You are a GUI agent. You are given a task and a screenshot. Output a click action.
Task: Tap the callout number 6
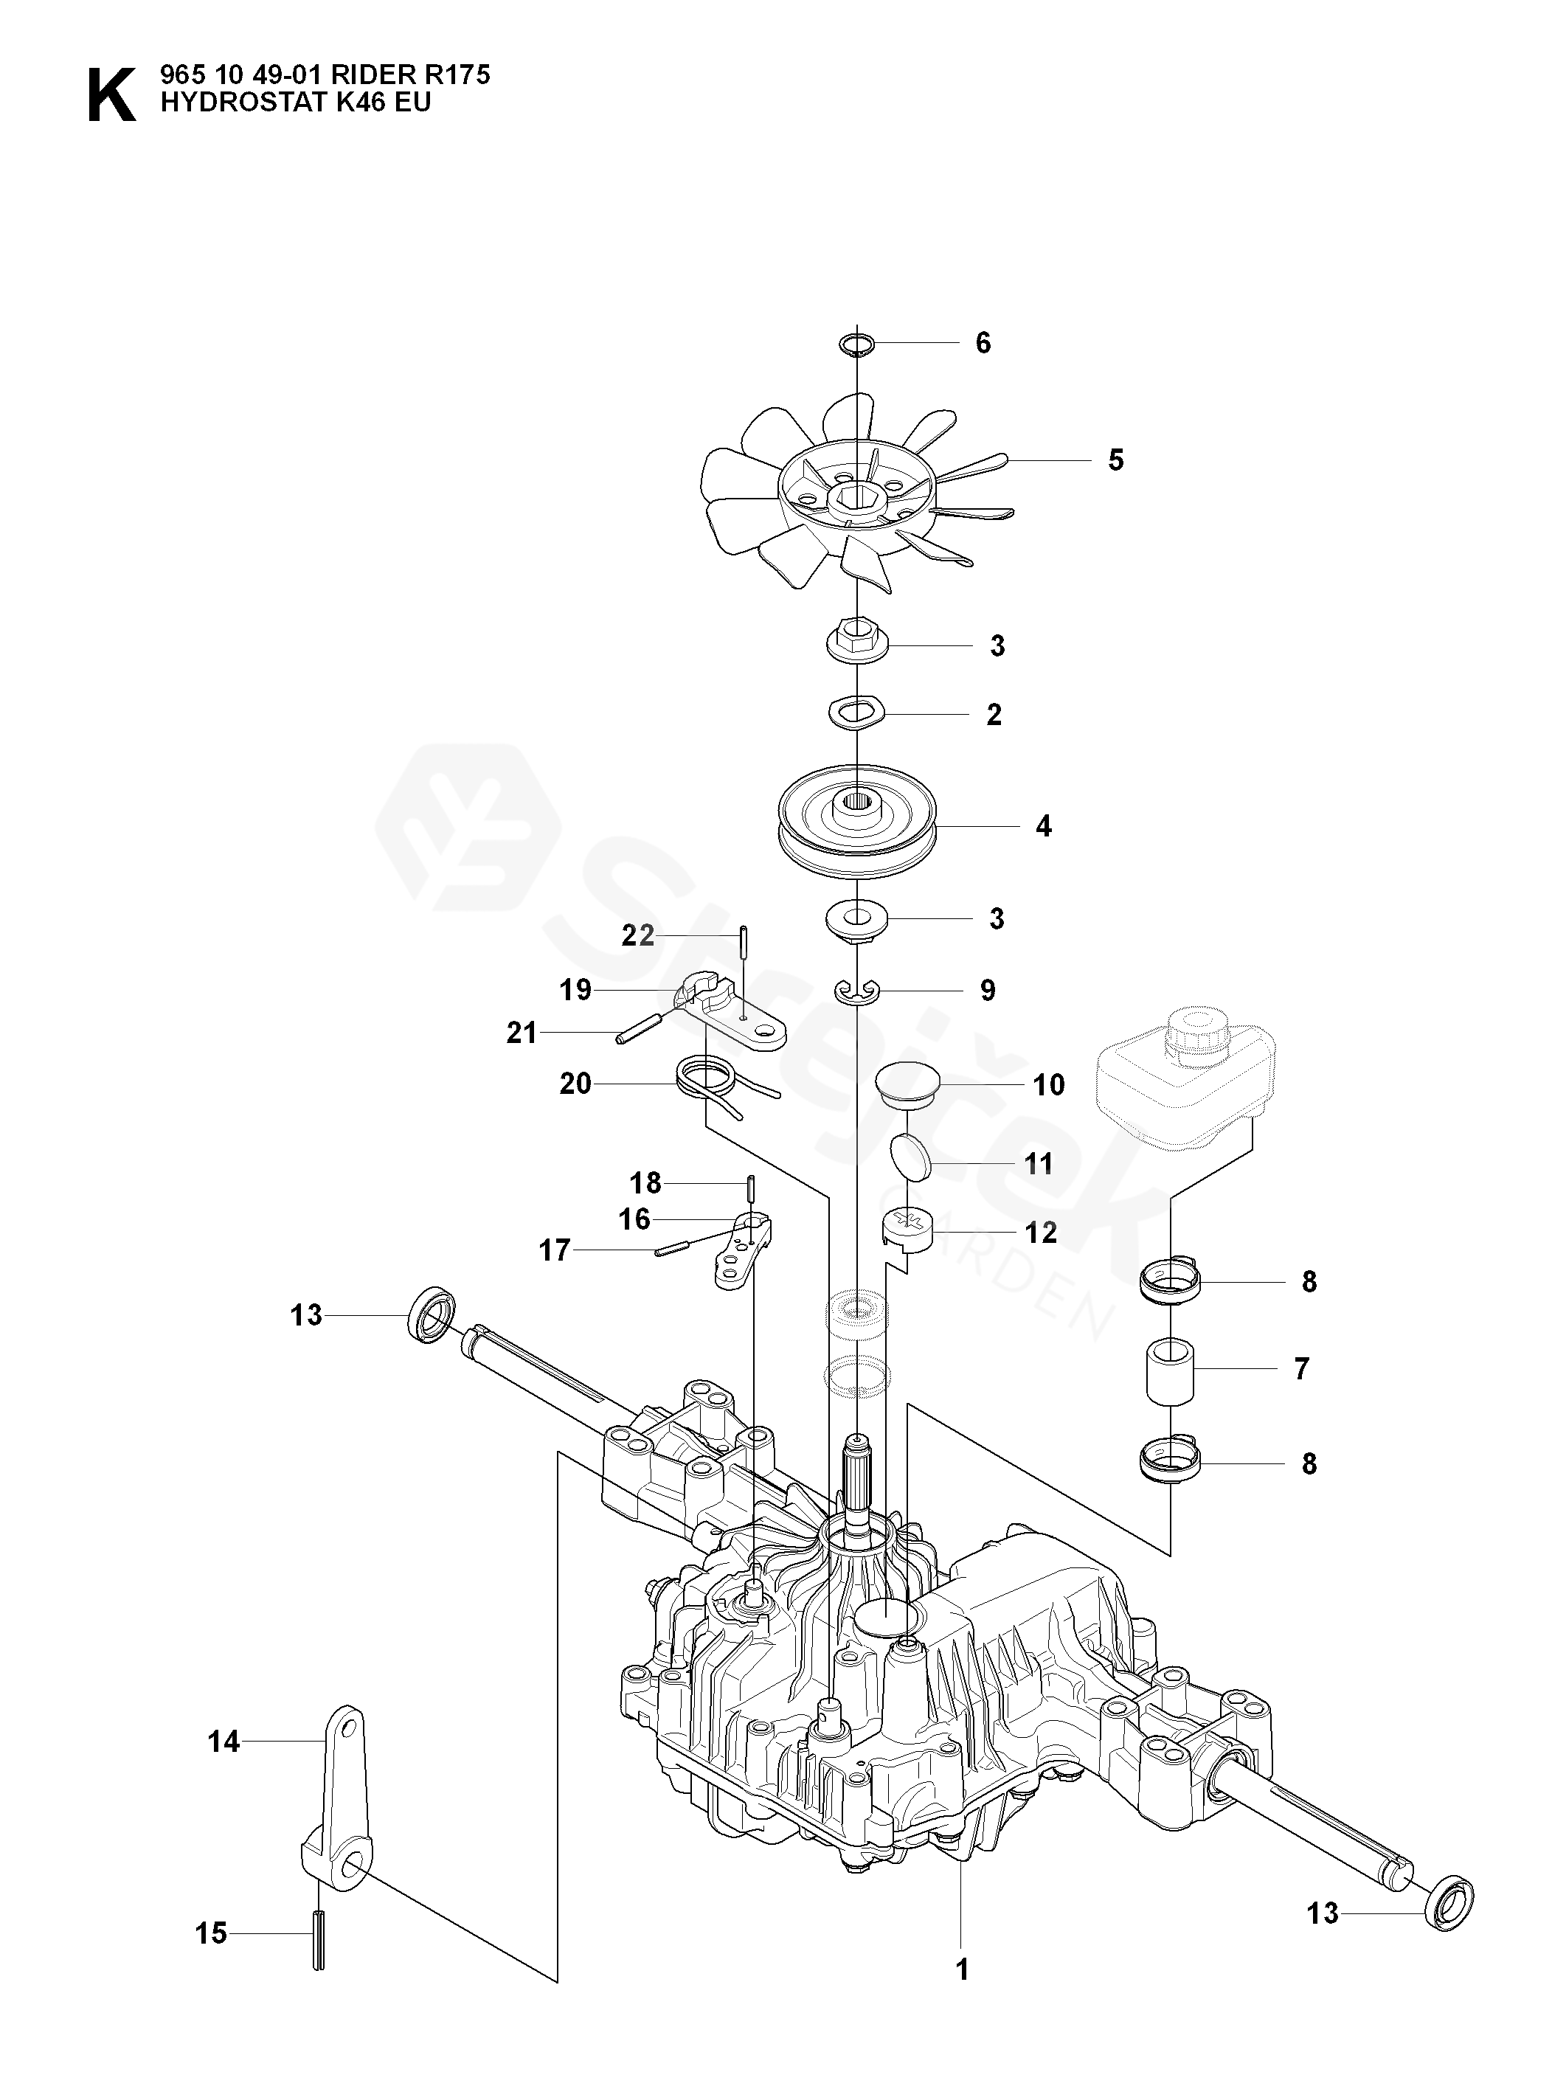coord(983,343)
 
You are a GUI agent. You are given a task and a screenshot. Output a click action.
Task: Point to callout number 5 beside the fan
coord(1115,460)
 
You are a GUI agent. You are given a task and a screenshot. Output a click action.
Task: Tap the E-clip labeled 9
coord(857,990)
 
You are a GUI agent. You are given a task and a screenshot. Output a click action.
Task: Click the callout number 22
coord(637,935)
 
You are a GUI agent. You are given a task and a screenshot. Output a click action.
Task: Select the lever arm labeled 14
coord(336,1788)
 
